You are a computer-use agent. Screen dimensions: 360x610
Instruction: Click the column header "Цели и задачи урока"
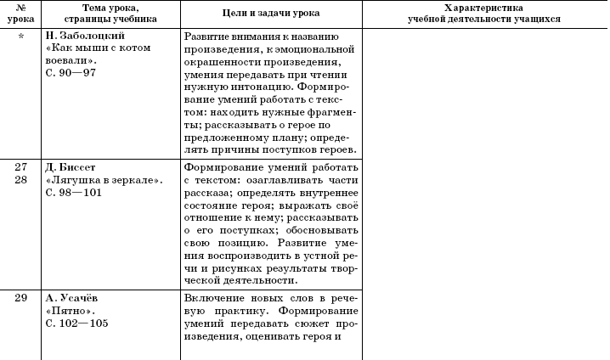click(271, 14)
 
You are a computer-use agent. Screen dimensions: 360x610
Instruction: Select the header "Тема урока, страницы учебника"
click(110, 14)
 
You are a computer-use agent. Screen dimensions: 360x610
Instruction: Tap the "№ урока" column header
click(20, 14)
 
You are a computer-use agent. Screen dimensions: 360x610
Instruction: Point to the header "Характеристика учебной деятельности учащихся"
click(483, 14)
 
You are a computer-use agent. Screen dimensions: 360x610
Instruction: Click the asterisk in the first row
click(20, 37)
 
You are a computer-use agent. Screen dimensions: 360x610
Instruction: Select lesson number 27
click(20, 167)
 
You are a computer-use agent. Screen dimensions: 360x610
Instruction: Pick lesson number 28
click(20, 180)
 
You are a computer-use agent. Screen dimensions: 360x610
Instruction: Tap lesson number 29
click(20, 297)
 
